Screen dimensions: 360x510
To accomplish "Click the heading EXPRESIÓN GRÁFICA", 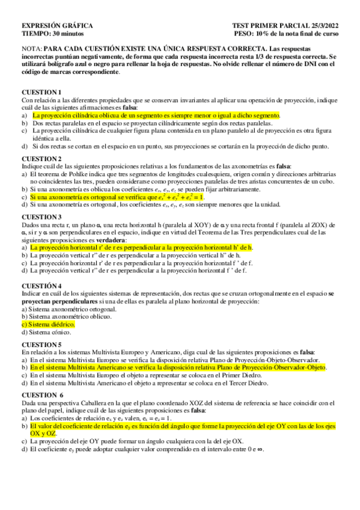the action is [56, 26].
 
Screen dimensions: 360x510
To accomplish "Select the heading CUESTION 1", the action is [41, 91].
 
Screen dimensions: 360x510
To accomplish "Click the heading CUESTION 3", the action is [41, 217].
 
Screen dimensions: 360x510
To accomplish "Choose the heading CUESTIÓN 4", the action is [41, 286].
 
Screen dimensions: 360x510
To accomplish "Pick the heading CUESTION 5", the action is [41, 344].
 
